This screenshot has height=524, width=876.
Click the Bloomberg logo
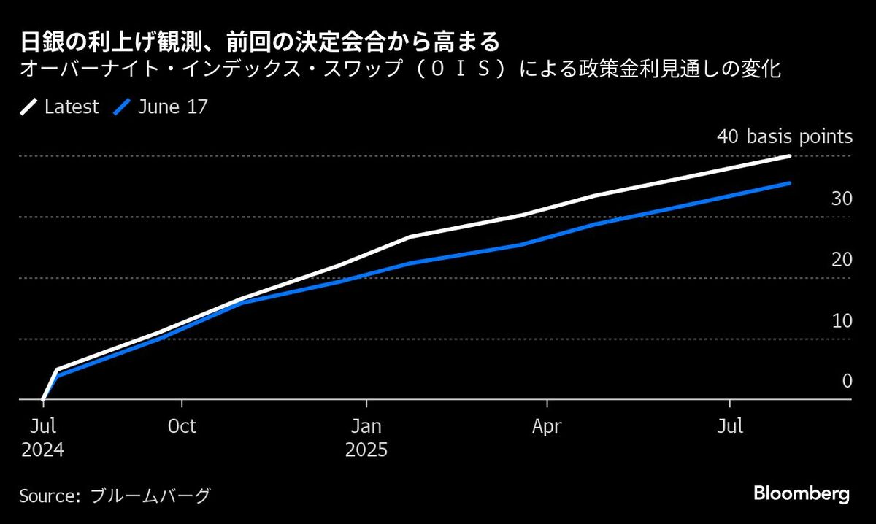pos(802,493)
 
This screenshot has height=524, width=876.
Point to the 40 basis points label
pos(785,136)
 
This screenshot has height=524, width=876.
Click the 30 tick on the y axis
pos(842,199)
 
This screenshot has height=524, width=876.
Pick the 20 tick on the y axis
pos(842,260)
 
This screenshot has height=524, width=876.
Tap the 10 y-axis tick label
pos(842,321)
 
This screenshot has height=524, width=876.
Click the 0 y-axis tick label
pos(847,381)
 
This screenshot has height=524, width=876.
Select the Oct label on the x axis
pos(182,426)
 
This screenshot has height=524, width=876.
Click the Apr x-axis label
pos(547,426)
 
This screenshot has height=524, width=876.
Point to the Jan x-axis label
pos(366,426)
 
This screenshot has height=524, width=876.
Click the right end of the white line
pos(789,156)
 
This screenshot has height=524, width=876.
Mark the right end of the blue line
pos(789,183)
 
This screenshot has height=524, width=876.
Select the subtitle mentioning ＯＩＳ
pos(401,70)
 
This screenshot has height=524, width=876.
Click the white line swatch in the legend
pos(28,107)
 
